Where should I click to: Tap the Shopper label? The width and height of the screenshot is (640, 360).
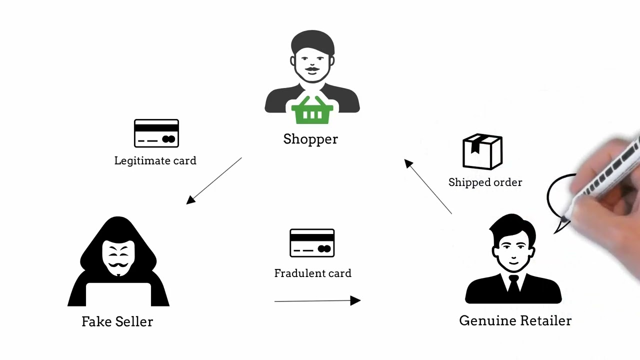[310, 139]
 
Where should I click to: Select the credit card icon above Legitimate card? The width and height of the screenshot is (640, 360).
[156, 133]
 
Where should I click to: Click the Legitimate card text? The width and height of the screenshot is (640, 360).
[155, 161]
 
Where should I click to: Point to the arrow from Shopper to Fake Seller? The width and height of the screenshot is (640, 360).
[214, 180]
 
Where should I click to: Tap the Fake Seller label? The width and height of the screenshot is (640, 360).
[117, 321]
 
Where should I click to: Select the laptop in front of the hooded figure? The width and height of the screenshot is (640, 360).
[118, 294]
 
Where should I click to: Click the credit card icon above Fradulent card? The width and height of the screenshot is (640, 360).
[312, 243]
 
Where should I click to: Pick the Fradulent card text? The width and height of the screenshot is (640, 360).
[312, 273]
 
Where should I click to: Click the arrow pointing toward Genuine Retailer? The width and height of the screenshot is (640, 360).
[317, 300]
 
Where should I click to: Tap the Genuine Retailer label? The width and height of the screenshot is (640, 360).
[515, 321]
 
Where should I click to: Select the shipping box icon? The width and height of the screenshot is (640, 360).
[482, 151]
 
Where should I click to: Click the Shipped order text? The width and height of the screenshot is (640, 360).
[485, 182]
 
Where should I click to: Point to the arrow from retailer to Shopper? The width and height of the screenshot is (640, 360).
[428, 186]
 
